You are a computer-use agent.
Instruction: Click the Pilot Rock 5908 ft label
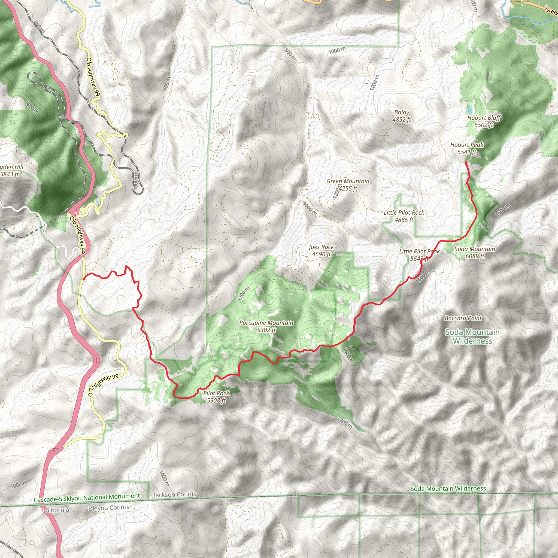[216, 397]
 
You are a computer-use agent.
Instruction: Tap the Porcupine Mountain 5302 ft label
[266, 326]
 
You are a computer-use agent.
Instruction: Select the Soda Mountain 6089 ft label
[475, 252]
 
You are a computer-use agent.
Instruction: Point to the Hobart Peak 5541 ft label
[467, 148]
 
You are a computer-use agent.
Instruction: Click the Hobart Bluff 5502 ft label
[484, 121]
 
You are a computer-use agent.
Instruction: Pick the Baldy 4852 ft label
[401, 116]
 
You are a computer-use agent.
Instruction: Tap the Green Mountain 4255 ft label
[348, 185]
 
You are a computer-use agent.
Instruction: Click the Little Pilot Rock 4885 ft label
[404, 216]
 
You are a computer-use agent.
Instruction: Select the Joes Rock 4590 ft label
[321, 250]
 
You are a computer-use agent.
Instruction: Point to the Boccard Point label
[463, 318]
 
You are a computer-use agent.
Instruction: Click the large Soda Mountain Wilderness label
[472, 336]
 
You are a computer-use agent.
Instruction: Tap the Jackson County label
[175, 495]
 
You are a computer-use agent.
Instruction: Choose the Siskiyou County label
[107, 508]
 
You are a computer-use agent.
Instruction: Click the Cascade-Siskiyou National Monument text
[87, 498]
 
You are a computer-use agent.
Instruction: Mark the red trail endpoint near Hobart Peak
[466, 163]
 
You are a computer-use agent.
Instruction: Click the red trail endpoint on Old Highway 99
[84, 279]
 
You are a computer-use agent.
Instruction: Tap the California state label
[56, 510]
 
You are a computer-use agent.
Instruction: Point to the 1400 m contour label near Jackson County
[164, 478]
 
